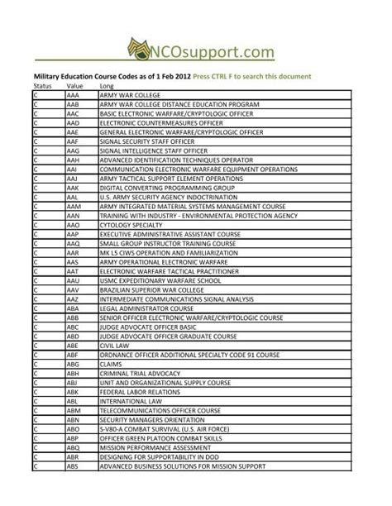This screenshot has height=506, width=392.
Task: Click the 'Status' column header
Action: click(41, 86)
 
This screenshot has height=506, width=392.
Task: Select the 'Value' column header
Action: click(75, 86)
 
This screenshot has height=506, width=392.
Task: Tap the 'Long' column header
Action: click(107, 86)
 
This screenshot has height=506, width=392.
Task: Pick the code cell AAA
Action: click(73, 95)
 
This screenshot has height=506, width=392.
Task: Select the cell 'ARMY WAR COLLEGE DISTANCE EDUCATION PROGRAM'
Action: click(179, 104)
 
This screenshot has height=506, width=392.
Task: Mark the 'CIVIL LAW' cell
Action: click(115, 345)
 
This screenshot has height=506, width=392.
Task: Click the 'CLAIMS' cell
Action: click(111, 363)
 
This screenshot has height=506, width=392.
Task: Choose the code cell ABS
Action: click(73, 465)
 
